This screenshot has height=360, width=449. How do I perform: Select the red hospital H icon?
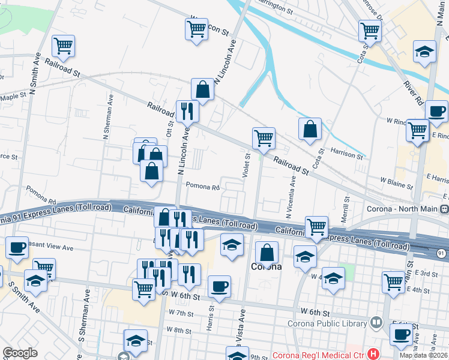click(374, 354)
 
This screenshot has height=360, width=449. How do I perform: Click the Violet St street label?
click(246, 165)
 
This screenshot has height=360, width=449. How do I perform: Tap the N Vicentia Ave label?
click(291, 196)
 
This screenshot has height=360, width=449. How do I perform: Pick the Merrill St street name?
click(346, 206)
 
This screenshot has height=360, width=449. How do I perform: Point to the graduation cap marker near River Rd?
click(424, 52)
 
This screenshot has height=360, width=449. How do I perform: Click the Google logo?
click(20, 353)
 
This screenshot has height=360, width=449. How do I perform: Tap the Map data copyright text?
click(424, 355)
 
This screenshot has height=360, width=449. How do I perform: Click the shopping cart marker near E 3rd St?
click(393, 281)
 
